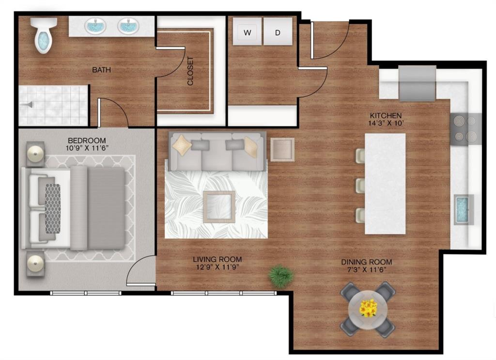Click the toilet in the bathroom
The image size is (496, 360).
click(43, 37)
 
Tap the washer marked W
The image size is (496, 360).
click(248, 32)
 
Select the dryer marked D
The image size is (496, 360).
click(278, 32)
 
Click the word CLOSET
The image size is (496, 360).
click(190, 71)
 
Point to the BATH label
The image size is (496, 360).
click(102, 70)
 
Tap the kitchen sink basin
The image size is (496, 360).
click(464, 209)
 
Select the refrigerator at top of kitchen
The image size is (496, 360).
click(417, 83)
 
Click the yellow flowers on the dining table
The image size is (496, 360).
click(368, 308)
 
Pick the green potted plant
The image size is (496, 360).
click(281, 276)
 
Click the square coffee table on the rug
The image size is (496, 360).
click(219, 206)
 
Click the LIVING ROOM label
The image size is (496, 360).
click(217, 259)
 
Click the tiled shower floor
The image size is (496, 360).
click(53, 106)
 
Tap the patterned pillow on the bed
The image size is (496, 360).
click(52, 202)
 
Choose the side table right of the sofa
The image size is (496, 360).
click(282, 149)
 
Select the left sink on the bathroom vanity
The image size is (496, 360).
click(96, 26)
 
